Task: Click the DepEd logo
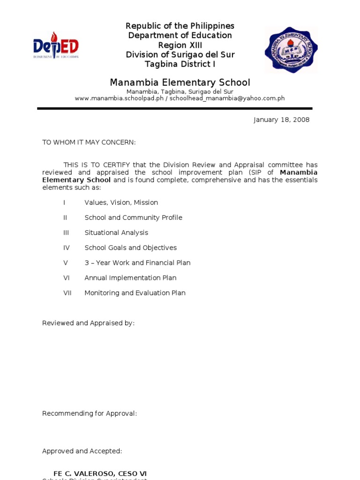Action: pos(56,45)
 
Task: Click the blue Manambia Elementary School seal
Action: pos(291,50)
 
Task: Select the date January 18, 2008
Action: pos(281,120)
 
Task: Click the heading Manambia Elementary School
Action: pos(180,82)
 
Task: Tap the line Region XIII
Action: pos(180,45)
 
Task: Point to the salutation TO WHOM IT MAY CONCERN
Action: pos(89,142)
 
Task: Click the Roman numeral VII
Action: pos(67,293)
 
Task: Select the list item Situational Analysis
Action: pos(116,233)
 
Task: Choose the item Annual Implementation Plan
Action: pos(130,278)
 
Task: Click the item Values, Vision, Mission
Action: pos(121,202)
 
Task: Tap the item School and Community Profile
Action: pos(133,217)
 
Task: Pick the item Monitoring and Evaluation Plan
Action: pos(135,293)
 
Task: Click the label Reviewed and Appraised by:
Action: pos(88,323)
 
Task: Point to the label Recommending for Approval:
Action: pos(90,413)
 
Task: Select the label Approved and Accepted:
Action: pos(82,451)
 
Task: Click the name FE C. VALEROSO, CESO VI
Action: pos(100,474)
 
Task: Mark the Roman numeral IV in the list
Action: pos(67,248)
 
